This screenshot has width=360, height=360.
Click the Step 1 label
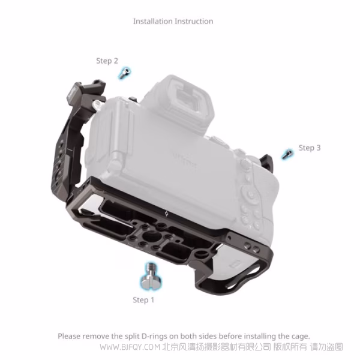[143, 300]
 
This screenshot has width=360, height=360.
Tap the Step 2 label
[107, 61]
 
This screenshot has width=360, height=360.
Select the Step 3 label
[310, 148]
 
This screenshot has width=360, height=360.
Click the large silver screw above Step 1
[151, 276]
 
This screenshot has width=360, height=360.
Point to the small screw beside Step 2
[124, 73]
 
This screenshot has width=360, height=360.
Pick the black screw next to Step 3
[287, 154]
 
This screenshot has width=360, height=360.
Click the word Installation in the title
[153, 22]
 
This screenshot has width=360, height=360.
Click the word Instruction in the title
[194, 22]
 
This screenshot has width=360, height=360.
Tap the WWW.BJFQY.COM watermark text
[130, 347]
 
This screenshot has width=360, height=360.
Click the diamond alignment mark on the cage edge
[167, 214]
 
